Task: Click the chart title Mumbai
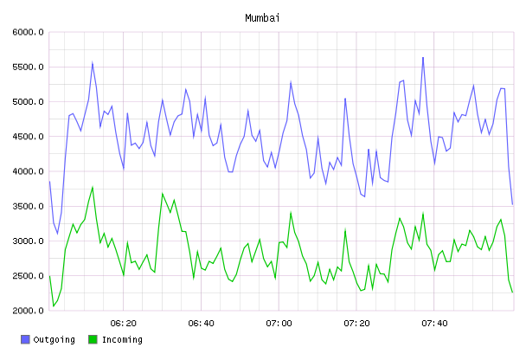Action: click(x=262, y=18)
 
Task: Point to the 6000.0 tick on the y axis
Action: click(x=29, y=32)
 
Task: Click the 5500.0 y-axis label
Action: click(x=29, y=67)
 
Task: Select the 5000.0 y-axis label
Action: click(x=29, y=101)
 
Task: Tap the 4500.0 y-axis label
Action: click(x=29, y=137)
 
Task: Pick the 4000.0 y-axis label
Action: click(x=29, y=171)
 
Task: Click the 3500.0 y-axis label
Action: click(x=29, y=206)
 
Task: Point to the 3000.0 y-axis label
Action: click(x=29, y=241)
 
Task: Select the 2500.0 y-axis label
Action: click(x=29, y=276)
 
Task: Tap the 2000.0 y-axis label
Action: click(x=29, y=311)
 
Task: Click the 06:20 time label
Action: click(x=124, y=324)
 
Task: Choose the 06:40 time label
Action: click(x=202, y=324)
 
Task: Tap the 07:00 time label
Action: click(x=279, y=324)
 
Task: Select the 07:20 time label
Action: click(x=356, y=324)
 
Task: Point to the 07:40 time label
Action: click(x=434, y=324)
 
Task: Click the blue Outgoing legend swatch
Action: click(x=25, y=339)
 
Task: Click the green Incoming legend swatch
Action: click(x=93, y=339)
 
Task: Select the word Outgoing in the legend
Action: click(x=54, y=340)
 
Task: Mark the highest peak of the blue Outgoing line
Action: click(x=423, y=57)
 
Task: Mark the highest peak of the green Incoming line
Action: click(x=93, y=187)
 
